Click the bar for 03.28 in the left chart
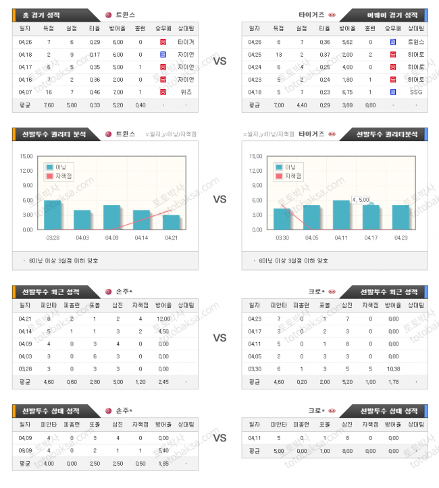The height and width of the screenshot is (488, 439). pos(53,215)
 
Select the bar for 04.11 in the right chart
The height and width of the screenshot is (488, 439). pos(341,215)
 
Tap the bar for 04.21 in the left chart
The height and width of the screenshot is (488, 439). pos(171,222)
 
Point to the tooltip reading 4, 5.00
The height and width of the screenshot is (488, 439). pos(360,200)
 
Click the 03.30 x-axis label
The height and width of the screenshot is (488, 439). pos(282,238)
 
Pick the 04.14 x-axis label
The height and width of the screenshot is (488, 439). pos(141,238)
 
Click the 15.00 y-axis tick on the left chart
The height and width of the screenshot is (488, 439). pos(27,155)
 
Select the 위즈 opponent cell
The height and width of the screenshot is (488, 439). pos(186,91)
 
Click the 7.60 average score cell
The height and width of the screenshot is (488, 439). pos(49,105)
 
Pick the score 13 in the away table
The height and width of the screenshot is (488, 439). pos(278,53)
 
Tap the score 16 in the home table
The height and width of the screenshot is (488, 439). pos(49,91)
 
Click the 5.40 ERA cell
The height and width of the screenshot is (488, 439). pos(163,450)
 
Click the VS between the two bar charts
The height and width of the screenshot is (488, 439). pos(219,199)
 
